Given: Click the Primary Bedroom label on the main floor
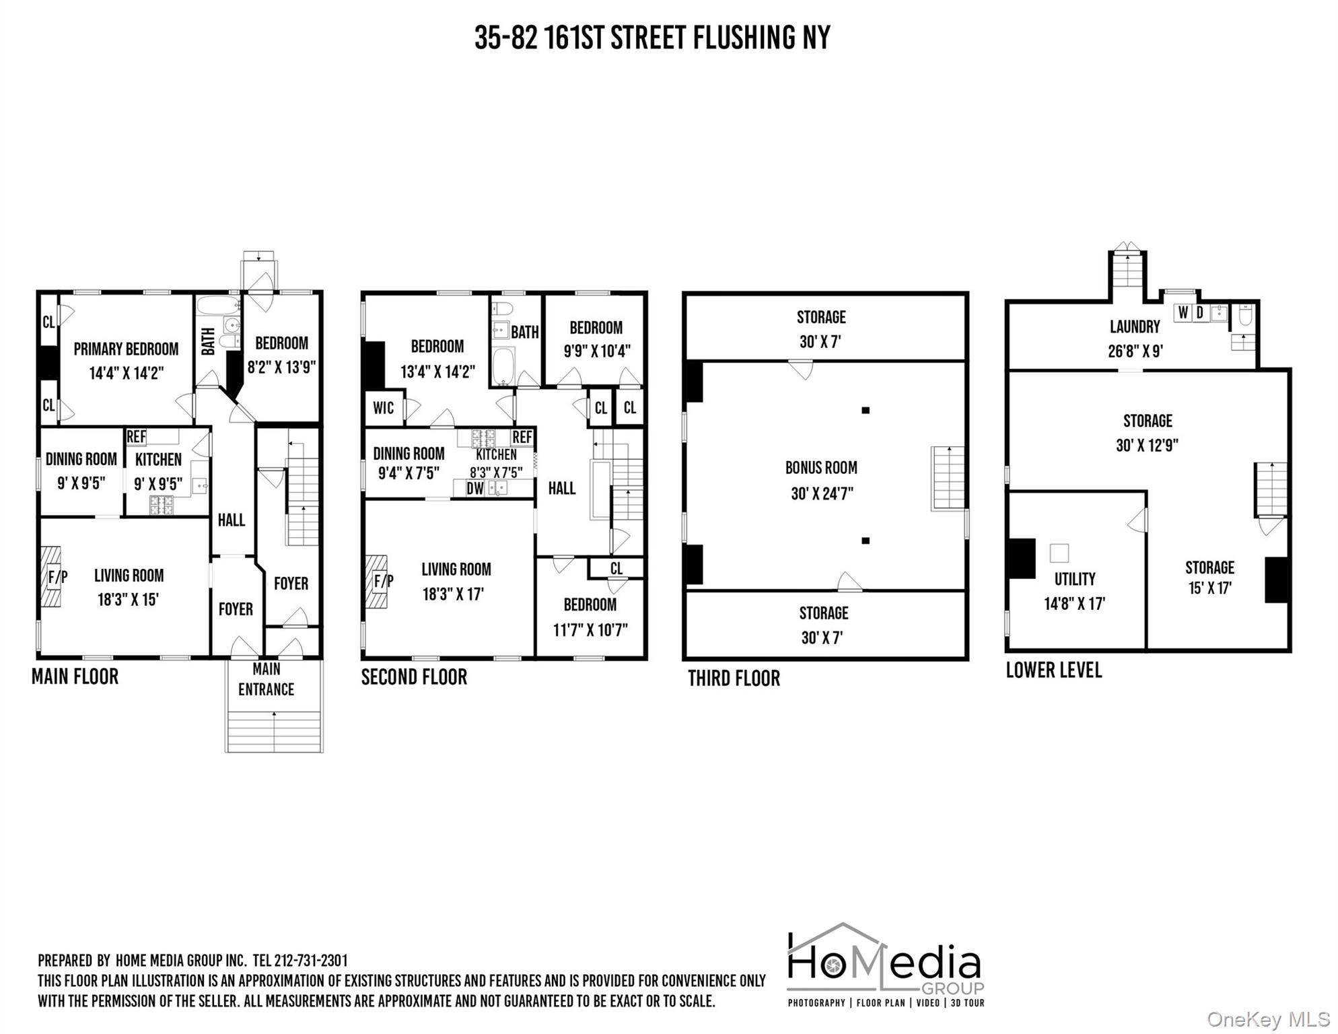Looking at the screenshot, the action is (x=126, y=349).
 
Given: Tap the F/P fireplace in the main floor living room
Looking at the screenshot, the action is (x=52, y=576).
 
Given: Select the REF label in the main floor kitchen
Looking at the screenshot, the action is (x=136, y=437).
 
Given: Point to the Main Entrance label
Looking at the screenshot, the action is (x=267, y=679).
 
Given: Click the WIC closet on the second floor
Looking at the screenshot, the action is (x=384, y=408).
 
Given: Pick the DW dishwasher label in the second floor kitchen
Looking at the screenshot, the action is (x=475, y=489).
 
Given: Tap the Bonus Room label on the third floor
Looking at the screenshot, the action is (x=821, y=467).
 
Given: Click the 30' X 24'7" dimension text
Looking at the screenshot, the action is (x=822, y=493).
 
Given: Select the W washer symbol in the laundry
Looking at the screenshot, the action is (x=1183, y=313).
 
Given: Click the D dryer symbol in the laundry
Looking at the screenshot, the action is (x=1199, y=313).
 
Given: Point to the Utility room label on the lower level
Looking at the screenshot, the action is (x=1075, y=579).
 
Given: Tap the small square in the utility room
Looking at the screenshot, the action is (x=1059, y=553).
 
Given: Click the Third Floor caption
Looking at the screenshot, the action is (x=734, y=678).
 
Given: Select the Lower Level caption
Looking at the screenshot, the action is (x=1054, y=670).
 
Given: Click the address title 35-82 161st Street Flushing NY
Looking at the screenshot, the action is (x=652, y=38).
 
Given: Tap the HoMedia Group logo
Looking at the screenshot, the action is (x=885, y=965).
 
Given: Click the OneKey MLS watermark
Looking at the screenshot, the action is (x=1269, y=1020).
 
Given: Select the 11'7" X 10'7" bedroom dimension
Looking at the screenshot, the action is (x=590, y=630).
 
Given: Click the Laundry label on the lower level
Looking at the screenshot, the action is (x=1135, y=326).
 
